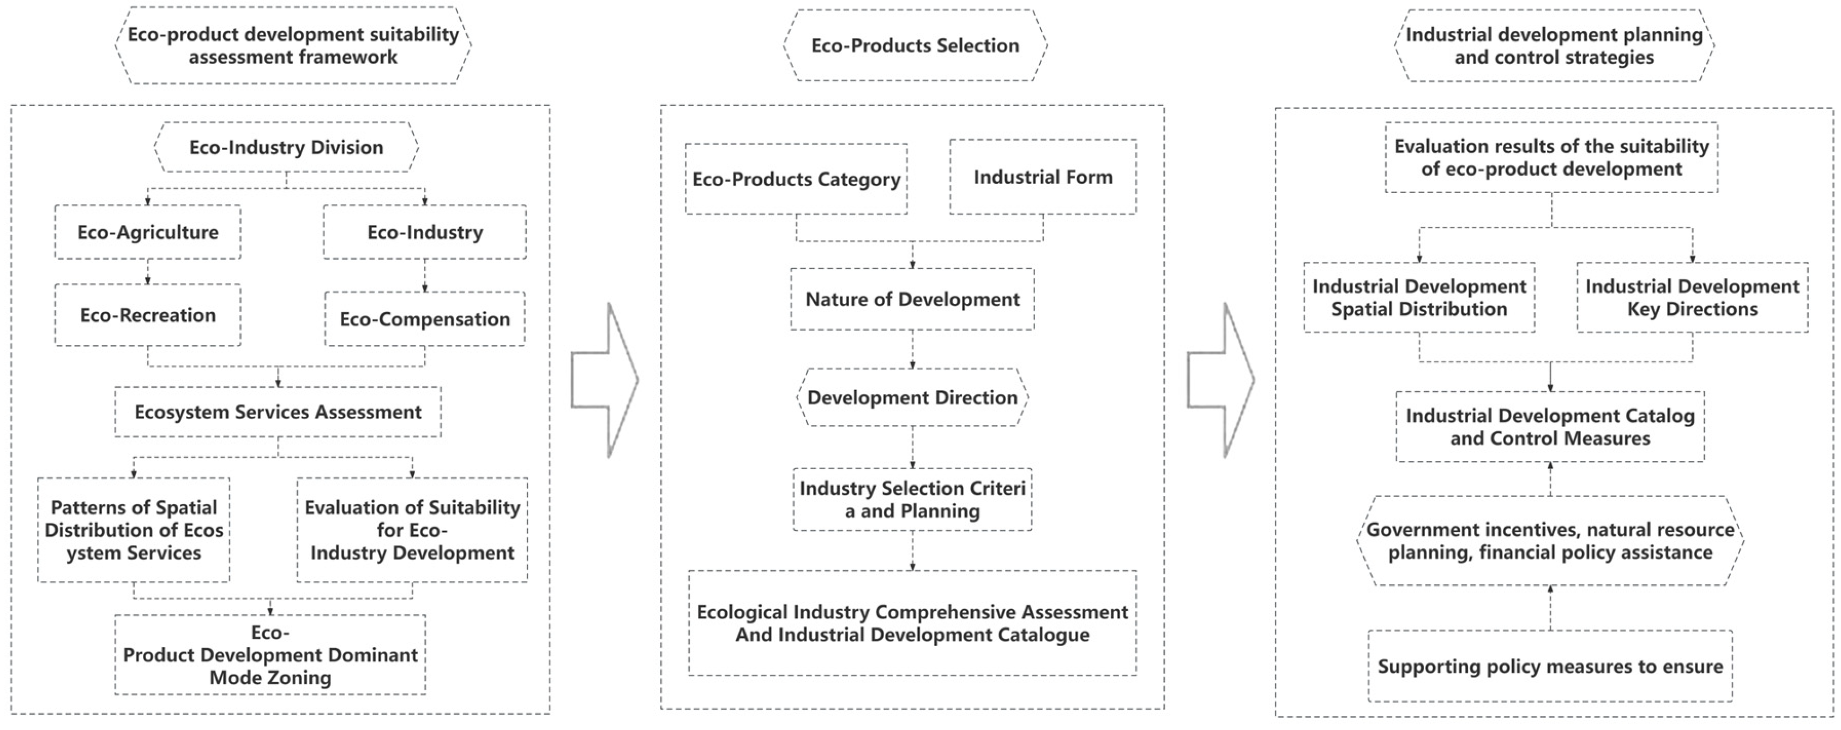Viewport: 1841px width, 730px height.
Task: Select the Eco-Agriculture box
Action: click(148, 232)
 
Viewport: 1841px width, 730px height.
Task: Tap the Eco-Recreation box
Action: click(148, 315)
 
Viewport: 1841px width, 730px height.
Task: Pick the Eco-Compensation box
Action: click(424, 319)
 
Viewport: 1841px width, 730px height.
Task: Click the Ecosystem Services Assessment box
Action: click(278, 412)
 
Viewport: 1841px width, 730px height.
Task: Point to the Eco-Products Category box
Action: click(796, 179)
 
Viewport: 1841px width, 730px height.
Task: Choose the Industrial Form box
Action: click(1043, 177)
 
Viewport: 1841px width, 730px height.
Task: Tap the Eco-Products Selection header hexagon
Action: click(915, 45)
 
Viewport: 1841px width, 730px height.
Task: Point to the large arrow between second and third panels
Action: click(1220, 380)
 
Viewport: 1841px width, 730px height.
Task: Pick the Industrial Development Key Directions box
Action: click(1692, 297)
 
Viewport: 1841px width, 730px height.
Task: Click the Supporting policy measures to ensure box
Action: click(1550, 666)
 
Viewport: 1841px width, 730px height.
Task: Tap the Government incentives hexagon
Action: click(1550, 541)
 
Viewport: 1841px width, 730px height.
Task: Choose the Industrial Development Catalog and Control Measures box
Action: click(1550, 427)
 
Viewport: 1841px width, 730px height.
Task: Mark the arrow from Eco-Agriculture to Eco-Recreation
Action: click(148, 272)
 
